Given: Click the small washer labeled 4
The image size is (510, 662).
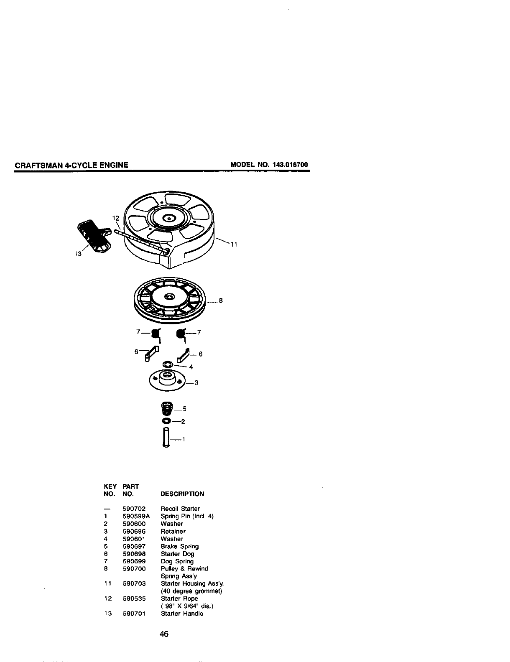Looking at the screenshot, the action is (167, 364).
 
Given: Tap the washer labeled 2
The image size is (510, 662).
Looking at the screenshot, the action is (166, 420).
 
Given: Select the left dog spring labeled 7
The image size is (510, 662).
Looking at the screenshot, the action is (156, 334).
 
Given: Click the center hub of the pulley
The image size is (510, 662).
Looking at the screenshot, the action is (169, 296).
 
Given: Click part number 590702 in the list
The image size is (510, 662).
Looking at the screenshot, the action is (134, 509).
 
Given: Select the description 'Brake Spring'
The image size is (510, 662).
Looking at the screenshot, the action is (180, 546).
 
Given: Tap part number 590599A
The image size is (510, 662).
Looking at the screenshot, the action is (136, 516).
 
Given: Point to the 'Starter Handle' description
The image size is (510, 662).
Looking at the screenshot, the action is (182, 614).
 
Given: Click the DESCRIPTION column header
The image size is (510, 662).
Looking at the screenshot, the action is (182, 494).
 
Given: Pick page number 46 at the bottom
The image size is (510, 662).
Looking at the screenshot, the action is (164, 634).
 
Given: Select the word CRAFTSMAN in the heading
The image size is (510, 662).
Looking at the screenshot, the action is (38, 165).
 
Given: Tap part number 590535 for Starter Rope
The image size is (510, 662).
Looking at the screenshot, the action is (134, 598).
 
